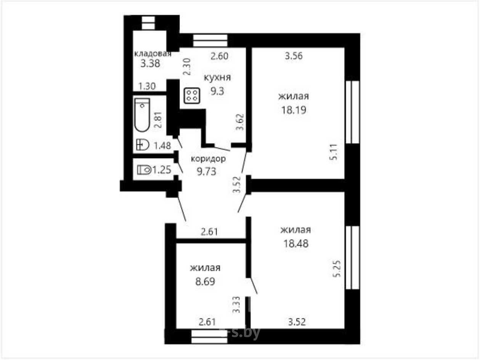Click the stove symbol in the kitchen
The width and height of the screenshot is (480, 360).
click(192, 96)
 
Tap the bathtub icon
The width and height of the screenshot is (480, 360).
click(142, 115)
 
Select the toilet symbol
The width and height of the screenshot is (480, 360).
click(144, 170)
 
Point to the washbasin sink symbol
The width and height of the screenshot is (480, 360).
click(143, 145)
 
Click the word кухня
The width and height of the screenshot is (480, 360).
click(217, 78)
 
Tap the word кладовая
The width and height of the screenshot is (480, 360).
click(153, 53)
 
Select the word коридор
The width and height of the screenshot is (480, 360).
click(208, 159)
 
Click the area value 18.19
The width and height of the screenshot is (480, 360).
click(294, 110)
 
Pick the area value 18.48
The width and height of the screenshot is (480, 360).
click(296, 243)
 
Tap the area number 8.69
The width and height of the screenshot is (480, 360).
click(205, 282)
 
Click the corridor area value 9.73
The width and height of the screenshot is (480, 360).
click(206, 171)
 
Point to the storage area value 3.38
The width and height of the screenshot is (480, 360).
click(150, 64)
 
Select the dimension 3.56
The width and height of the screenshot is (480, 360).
click(294, 56)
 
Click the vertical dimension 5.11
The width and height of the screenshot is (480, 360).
click(334, 152)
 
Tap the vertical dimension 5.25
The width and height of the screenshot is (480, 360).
click(337, 269)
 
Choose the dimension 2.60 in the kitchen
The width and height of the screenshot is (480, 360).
click(219, 56)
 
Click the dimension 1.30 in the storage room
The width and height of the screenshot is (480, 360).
click(147, 86)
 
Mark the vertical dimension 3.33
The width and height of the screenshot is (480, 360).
click(236, 305)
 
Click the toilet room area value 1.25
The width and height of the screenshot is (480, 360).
click(162, 170)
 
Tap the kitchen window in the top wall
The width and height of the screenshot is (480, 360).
click(210, 41)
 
